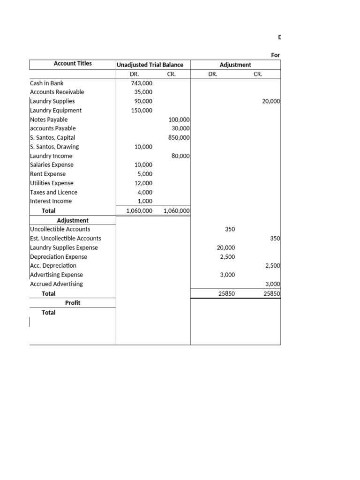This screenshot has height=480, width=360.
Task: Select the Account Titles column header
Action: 73,64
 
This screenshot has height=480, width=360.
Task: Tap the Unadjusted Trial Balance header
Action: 150,65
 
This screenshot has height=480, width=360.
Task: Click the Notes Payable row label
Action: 48,120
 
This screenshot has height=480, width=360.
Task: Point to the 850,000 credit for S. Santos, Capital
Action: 179,138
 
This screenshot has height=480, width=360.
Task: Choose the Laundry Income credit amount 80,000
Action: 180,156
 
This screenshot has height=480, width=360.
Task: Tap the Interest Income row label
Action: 51,201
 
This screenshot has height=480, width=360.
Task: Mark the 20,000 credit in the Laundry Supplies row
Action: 271,101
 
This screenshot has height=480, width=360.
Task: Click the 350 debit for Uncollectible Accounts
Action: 230,229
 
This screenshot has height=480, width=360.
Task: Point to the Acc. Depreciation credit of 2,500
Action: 272,266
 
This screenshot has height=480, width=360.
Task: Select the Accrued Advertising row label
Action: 56,284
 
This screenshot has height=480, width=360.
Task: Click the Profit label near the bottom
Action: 73,303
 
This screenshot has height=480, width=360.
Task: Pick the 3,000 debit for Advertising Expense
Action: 227,275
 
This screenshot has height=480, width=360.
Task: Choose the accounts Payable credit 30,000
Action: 180,128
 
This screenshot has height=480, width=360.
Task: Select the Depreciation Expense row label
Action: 58,257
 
